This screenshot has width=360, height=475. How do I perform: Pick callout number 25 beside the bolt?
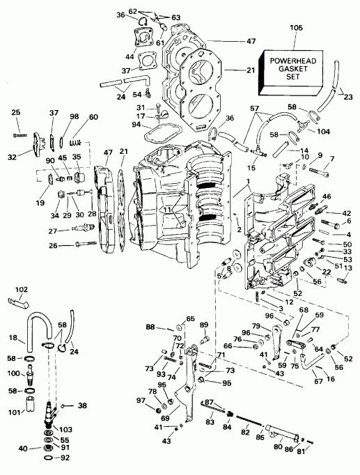pos(17,112)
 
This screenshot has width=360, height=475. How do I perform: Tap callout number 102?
pos(22,290)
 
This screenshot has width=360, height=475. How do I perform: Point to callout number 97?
pos(140,400)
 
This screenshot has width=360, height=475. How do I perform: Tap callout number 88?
pos(150,327)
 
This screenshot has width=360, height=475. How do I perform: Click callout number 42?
pos(347,212)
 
